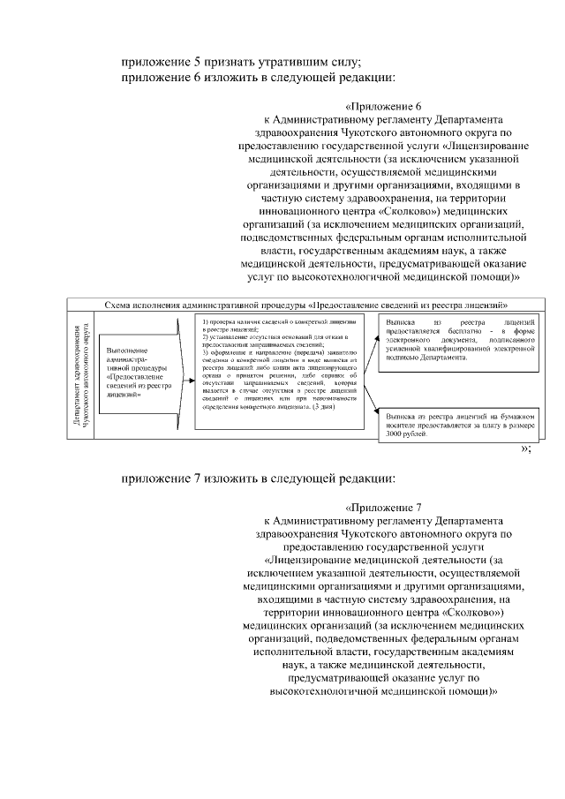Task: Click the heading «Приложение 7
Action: coord(382,508)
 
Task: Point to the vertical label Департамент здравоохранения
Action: coord(81,374)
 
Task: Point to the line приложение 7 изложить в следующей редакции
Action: coord(259,479)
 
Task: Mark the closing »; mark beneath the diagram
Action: coord(526,448)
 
